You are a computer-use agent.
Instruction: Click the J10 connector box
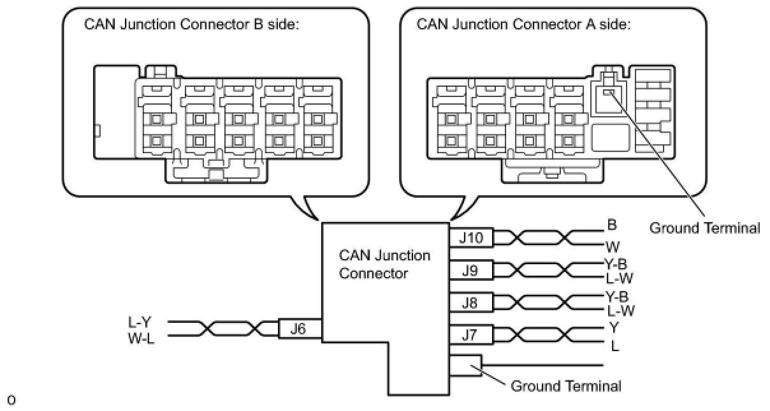tap(472, 238)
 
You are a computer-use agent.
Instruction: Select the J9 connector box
tap(472, 270)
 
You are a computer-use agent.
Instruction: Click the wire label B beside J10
tap(612, 225)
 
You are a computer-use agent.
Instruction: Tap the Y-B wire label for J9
tap(616, 263)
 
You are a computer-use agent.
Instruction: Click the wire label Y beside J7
tap(614, 327)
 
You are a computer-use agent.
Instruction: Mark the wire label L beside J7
tap(614, 347)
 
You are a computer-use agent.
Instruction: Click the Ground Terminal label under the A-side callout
tap(704, 228)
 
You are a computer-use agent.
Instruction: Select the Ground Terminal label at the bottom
tap(566, 385)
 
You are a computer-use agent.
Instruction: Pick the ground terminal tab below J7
tap(467, 365)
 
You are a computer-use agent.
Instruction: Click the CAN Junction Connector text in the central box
tap(384, 264)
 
